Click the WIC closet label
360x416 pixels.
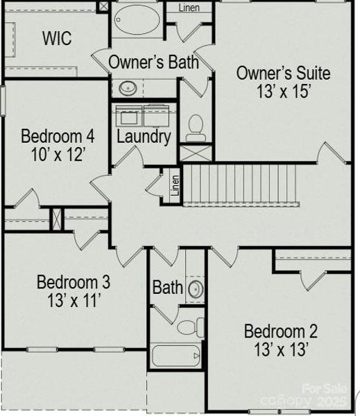(57, 38)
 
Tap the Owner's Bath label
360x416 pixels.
(153, 62)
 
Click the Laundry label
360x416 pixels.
(144, 137)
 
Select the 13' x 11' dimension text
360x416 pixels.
(73, 301)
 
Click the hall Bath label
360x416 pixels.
(167, 287)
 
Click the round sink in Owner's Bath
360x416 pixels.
(128, 88)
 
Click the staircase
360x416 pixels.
(239, 184)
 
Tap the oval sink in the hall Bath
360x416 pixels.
(196, 289)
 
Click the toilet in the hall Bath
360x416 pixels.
(188, 327)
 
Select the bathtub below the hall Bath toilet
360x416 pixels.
(175, 356)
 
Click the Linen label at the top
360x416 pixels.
(189, 8)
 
